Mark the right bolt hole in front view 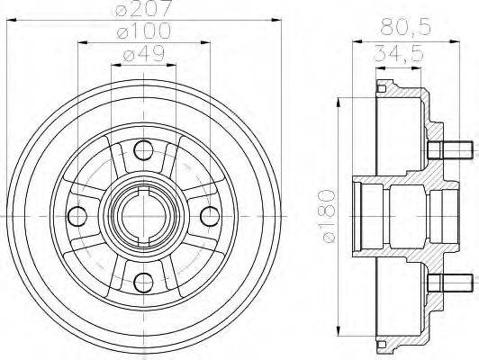tap(209, 217)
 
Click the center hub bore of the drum tap(141, 217)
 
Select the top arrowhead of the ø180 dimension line tap(339, 94)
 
